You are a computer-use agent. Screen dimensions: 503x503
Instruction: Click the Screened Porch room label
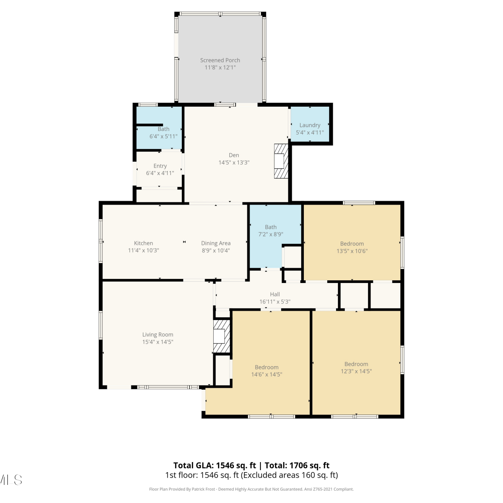coord(220,60)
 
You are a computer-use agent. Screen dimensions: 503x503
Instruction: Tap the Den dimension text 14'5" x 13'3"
coord(234,163)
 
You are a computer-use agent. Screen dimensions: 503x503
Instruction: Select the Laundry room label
coord(310,125)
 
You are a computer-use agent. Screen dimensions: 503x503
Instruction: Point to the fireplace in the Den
coord(281,161)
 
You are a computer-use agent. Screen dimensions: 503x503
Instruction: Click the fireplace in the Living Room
coord(222,336)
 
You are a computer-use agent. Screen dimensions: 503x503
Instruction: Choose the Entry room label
coord(160,166)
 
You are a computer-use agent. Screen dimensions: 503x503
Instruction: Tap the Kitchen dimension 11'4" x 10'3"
coord(144,250)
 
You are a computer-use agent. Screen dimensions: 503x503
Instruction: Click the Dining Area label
coord(216,243)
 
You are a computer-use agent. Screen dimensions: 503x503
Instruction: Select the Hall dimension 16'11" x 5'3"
coord(275,301)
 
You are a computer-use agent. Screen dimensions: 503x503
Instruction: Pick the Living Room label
coord(158,335)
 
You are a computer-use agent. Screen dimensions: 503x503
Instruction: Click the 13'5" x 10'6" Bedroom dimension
coord(352,251)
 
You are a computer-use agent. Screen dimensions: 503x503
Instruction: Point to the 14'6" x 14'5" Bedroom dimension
coord(267,374)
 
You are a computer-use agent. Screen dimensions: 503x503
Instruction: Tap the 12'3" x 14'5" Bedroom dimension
coord(356,371)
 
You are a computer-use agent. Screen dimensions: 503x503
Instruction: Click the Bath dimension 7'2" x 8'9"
coord(271,234)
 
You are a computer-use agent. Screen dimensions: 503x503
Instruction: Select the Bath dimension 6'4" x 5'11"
coord(164,136)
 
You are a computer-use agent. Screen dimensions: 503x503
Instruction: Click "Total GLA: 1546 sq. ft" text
coord(215,465)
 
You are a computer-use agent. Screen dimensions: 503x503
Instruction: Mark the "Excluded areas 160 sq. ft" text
coord(288,475)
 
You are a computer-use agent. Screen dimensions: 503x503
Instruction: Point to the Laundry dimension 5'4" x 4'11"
coord(310,132)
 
